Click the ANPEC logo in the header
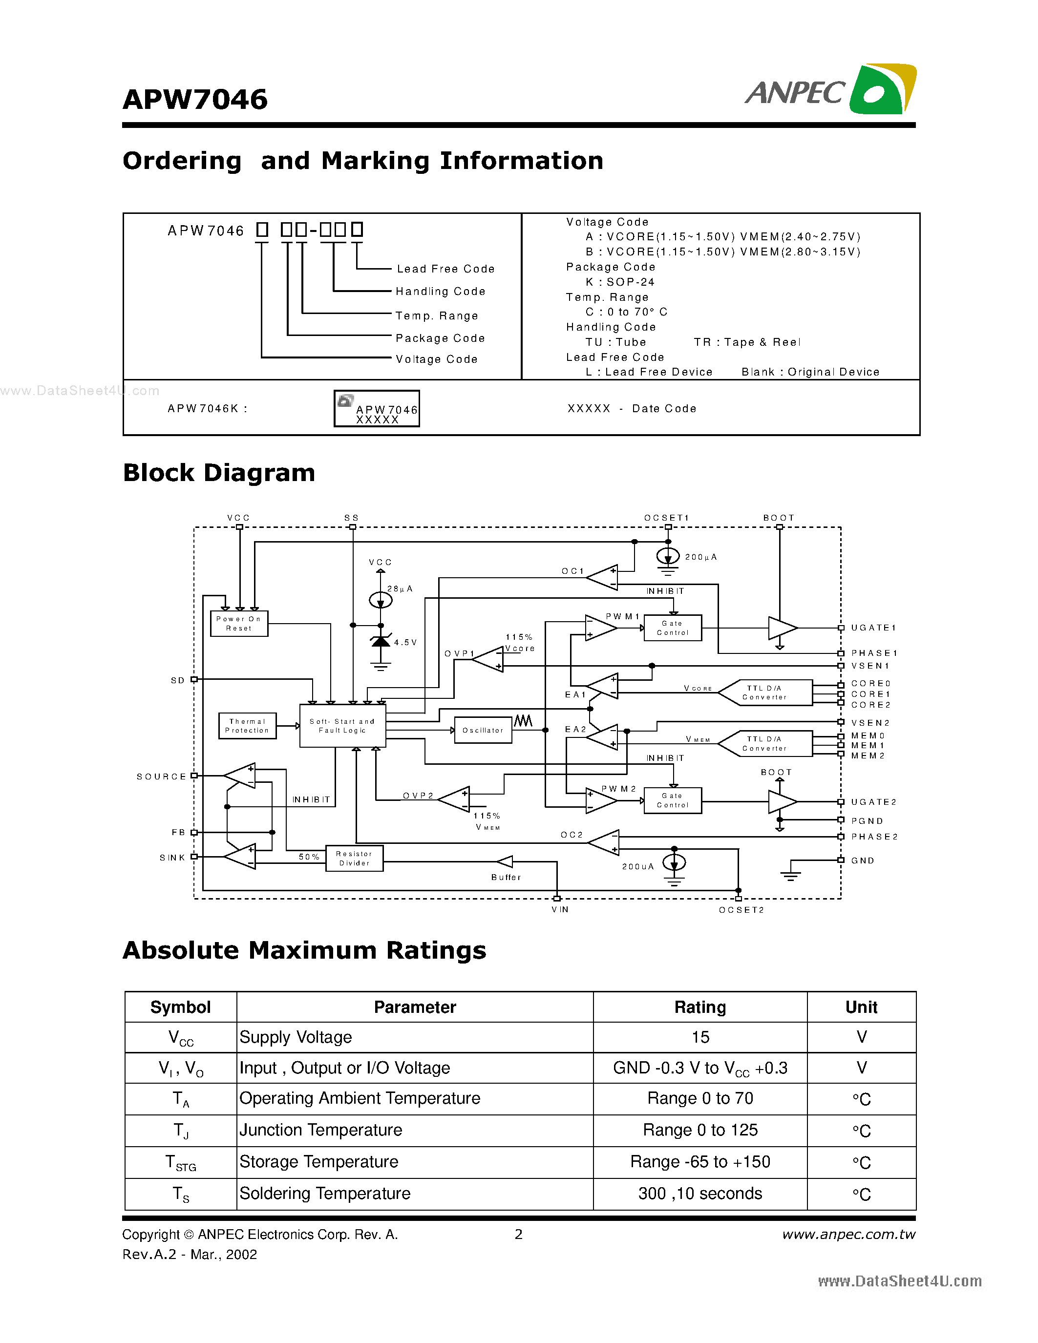tap(830, 90)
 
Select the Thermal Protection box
tap(247, 726)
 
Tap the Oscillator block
tap(483, 730)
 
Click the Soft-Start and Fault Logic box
tap(342, 726)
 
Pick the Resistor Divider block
tap(354, 858)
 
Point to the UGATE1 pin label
tap(873, 628)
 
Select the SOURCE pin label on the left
tap(161, 776)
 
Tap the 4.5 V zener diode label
tap(405, 642)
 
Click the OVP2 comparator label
tap(418, 796)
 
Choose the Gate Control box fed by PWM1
tap(673, 628)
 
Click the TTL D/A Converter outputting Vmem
tap(764, 743)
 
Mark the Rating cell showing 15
tap(700, 1037)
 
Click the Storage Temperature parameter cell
tap(318, 1162)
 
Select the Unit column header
tap(861, 1007)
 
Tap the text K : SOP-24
tap(620, 282)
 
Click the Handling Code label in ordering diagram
tap(440, 292)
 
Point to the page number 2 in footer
tap(518, 1234)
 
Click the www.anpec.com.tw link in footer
tap(848, 1234)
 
